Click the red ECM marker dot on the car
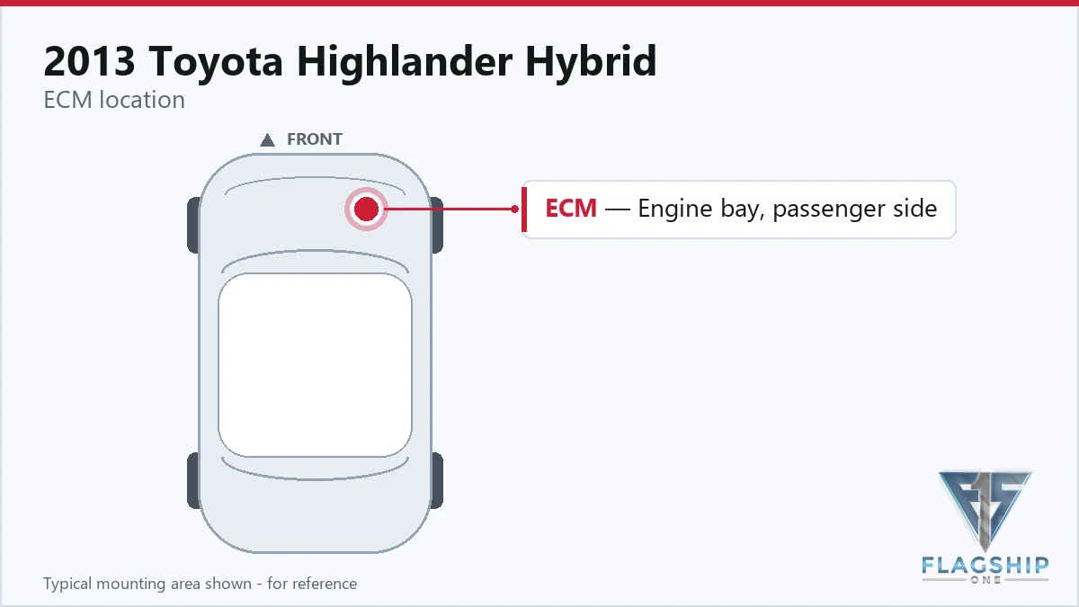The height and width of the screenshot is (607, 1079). pyautogui.click(x=366, y=209)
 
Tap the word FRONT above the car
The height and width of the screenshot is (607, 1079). pyautogui.click(x=315, y=139)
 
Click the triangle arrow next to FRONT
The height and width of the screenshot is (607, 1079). pyautogui.click(x=267, y=140)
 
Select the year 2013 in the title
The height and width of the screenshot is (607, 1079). pyautogui.click(x=89, y=61)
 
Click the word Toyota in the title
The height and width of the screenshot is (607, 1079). pyautogui.click(x=215, y=62)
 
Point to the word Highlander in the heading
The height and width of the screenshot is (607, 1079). pyautogui.click(x=404, y=62)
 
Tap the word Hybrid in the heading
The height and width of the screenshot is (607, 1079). pyautogui.click(x=591, y=62)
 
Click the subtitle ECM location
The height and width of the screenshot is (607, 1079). pyautogui.click(x=114, y=100)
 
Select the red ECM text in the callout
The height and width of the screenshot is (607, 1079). pyautogui.click(x=571, y=208)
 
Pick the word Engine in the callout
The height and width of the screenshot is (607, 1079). pyautogui.click(x=675, y=210)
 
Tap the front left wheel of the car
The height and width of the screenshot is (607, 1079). pyautogui.click(x=193, y=225)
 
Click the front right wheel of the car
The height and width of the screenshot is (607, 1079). pyautogui.click(x=436, y=225)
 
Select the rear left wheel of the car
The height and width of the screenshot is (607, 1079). pyautogui.click(x=193, y=480)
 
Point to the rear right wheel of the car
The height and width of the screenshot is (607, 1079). pyautogui.click(x=436, y=480)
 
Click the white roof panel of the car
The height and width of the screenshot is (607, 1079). pyautogui.click(x=315, y=365)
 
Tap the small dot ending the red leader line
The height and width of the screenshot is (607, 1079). pyautogui.click(x=515, y=209)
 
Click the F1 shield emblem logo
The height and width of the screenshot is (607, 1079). pyautogui.click(x=985, y=511)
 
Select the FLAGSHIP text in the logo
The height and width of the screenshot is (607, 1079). pyautogui.click(x=985, y=565)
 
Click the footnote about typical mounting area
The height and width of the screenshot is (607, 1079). pyautogui.click(x=201, y=584)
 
